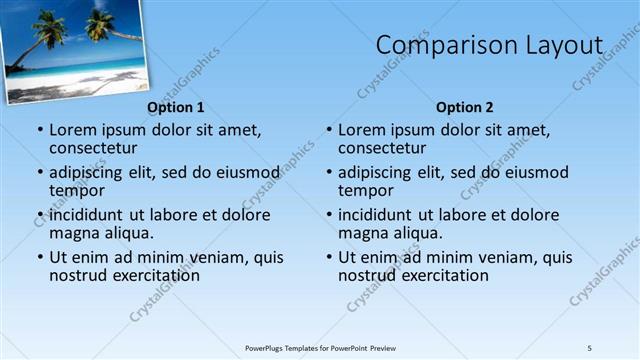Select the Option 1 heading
pyautogui.click(x=176, y=107)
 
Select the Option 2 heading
pyautogui.click(x=465, y=107)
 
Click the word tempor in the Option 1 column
pyautogui.click(x=77, y=190)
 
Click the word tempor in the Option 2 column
pyautogui.click(x=366, y=190)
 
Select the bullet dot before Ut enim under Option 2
pyautogui.click(x=329, y=257)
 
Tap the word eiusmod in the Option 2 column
pyautogui.click(x=537, y=172)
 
